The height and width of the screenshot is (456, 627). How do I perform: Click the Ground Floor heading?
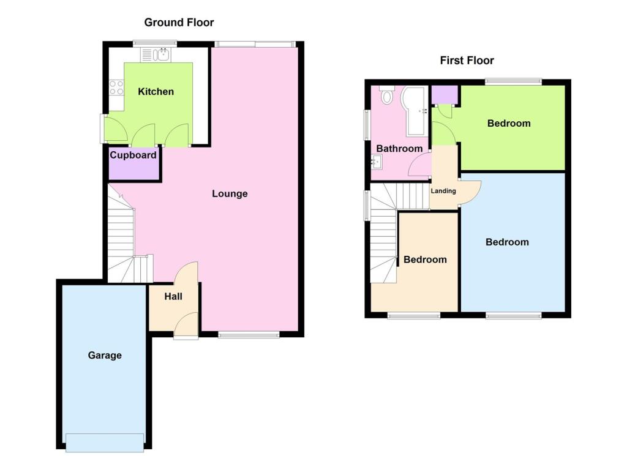[179, 23]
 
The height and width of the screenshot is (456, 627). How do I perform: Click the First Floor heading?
[467, 60]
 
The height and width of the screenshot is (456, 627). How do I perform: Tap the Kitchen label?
[156, 92]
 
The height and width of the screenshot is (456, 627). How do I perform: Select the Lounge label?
[230, 194]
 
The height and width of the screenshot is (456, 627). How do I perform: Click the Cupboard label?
[133, 155]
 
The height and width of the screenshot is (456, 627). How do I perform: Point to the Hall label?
[173, 297]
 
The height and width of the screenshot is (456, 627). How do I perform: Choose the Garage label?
[105, 355]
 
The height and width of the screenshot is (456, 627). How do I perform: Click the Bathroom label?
[399, 149]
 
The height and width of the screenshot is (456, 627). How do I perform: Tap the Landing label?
[443, 191]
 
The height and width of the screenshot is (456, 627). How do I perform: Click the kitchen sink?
[162, 55]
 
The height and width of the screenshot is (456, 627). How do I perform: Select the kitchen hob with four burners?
[116, 88]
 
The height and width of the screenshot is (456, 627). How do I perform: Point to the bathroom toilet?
[387, 96]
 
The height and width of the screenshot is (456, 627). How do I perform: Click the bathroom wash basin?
[377, 162]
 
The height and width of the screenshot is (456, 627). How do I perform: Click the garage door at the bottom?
[105, 442]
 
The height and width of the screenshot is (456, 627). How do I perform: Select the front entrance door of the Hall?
[186, 324]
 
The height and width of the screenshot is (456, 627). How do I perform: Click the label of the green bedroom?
[509, 124]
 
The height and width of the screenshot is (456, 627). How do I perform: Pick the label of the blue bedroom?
[507, 242]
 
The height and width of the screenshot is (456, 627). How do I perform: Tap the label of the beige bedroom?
[425, 260]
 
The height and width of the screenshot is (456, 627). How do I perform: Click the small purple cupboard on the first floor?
[444, 94]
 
